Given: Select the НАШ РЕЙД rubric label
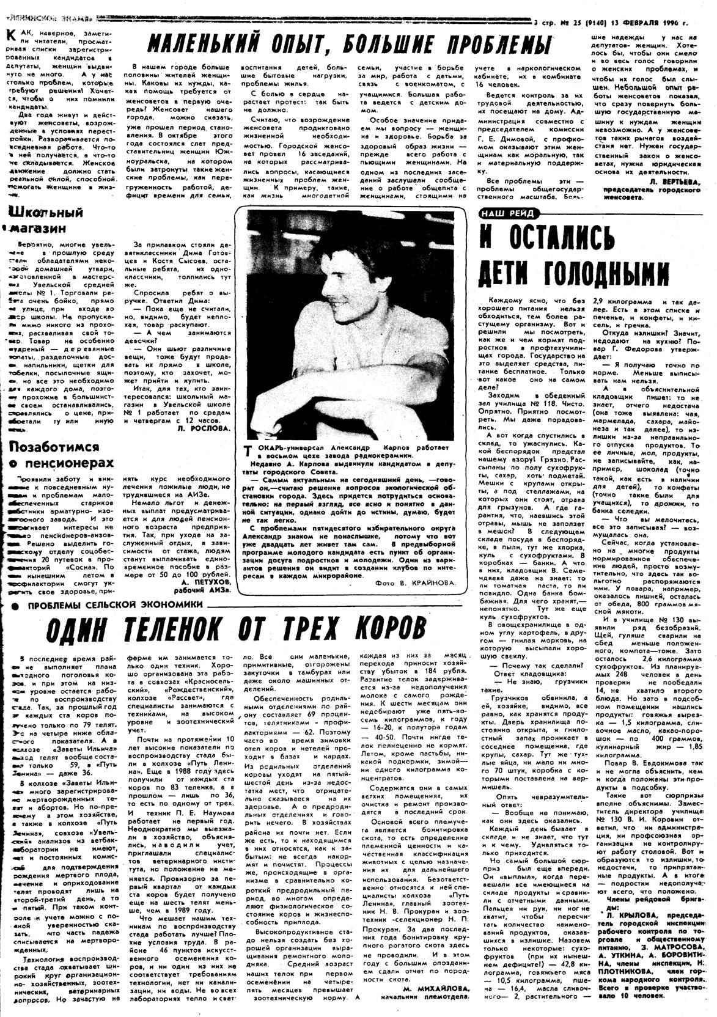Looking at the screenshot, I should [507, 213].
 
